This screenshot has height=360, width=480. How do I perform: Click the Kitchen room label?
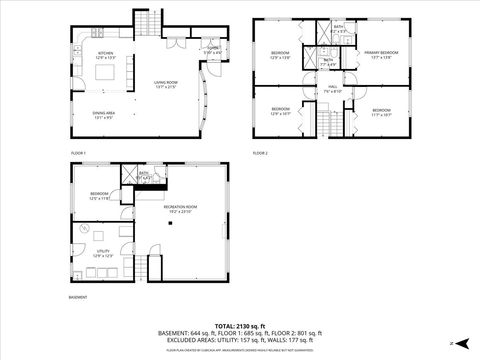click(x=106, y=56)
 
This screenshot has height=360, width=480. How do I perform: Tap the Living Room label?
click(x=165, y=85)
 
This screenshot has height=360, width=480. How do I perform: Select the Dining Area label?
click(x=104, y=114)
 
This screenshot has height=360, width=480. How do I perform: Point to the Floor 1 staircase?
click(x=147, y=24)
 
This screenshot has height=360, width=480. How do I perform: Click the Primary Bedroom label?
click(x=380, y=54)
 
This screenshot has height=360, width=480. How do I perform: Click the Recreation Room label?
click(x=180, y=209)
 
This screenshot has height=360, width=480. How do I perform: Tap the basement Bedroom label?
click(x=99, y=196)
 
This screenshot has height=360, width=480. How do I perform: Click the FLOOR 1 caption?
click(x=79, y=152)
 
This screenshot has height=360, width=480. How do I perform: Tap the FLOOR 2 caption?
click(x=261, y=152)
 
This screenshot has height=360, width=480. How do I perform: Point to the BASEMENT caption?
click(x=78, y=297)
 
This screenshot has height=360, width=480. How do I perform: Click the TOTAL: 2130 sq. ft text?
click(x=240, y=326)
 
